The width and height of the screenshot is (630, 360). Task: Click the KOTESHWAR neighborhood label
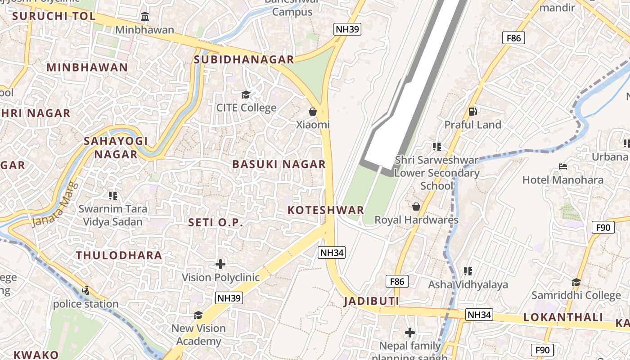325,210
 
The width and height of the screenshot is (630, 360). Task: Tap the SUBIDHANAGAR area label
243,59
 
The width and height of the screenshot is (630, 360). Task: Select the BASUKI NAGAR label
279,164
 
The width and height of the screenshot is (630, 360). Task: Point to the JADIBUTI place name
371,301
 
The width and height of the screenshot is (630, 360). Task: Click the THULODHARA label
119,256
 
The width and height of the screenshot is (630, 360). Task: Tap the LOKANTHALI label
563,317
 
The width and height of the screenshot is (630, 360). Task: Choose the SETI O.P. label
216,222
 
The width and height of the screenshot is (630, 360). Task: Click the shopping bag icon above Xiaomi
313,111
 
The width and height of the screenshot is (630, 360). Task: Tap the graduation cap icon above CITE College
246,94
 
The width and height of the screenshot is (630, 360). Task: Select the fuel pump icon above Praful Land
472,111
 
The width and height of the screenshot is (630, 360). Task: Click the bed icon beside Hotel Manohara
562,166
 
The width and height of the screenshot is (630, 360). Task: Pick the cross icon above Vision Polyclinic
220,264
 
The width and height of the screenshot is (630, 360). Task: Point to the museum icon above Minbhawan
145,17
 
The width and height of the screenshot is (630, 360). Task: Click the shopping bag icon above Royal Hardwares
416,207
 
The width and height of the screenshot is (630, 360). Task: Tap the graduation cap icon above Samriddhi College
576,282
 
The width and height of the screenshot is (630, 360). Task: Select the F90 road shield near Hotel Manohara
603,228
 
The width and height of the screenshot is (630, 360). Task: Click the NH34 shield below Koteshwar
332,253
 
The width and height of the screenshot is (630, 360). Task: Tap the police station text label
86,304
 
